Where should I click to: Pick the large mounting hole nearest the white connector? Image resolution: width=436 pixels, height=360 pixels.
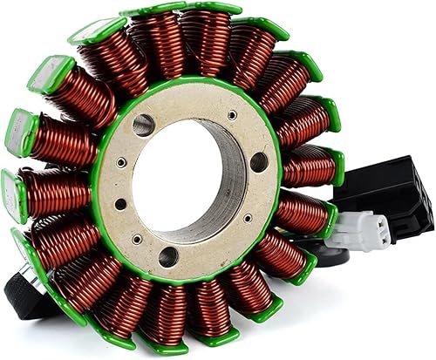click(x=259, y=162)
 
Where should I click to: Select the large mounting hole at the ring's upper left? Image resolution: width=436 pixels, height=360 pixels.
click(x=143, y=126)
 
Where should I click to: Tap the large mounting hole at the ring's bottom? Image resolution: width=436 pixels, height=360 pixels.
click(x=168, y=256)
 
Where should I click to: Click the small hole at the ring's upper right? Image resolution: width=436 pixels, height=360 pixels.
click(x=232, y=115)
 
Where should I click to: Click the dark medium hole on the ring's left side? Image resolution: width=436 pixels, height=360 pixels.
click(x=120, y=204)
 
